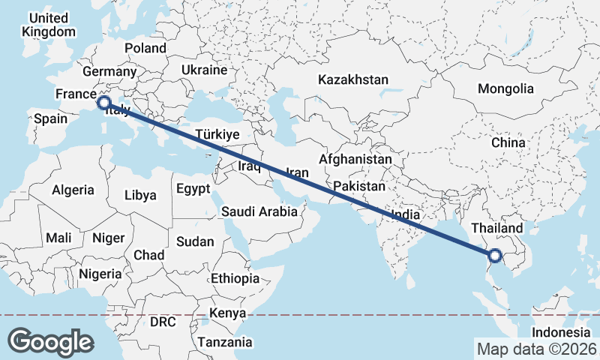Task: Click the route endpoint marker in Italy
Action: [x=104, y=102]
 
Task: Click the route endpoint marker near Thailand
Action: [x=495, y=256]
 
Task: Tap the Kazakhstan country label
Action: [x=352, y=79]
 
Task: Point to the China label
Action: [x=509, y=142]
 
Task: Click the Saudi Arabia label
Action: [x=259, y=212]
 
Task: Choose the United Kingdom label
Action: [x=49, y=25]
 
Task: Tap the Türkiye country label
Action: [x=217, y=134]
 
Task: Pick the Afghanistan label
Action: [x=355, y=160]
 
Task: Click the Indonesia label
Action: [x=562, y=332]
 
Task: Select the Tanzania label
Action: [x=225, y=342]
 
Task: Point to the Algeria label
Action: [x=73, y=190]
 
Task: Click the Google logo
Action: [x=50, y=341]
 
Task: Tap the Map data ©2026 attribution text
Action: [x=536, y=349]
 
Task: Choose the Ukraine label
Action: [x=204, y=70]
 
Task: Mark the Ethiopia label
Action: [x=235, y=278]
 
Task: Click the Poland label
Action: [x=145, y=48]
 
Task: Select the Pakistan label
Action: [x=360, y=186]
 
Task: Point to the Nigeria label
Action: [x=100, y=274]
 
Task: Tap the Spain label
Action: [x=50, y=118]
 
